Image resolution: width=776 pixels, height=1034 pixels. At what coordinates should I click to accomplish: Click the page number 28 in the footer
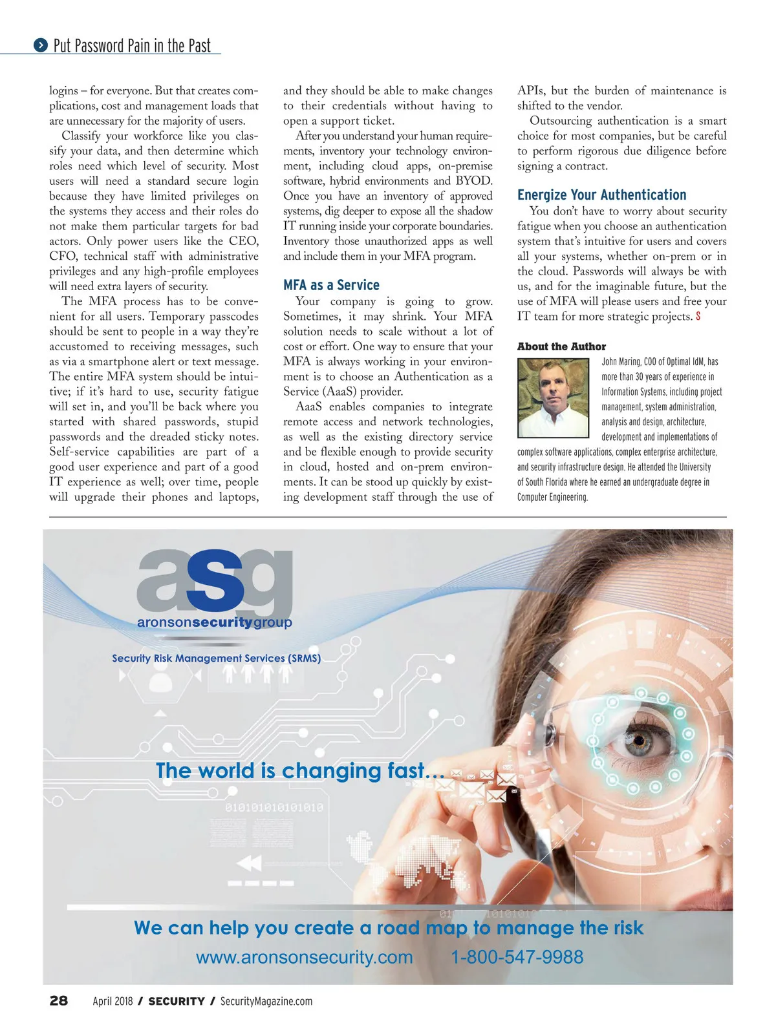point(58,1000)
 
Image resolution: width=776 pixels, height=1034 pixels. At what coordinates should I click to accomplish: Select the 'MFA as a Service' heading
point(331,285)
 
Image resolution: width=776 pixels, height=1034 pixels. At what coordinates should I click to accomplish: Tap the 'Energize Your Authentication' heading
point(601,195)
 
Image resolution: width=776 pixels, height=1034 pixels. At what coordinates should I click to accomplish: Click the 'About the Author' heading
point(561,346)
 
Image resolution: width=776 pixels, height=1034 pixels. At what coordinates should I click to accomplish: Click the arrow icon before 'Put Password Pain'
point(41,45)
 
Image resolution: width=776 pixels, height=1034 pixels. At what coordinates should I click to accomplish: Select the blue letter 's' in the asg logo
point(215,580)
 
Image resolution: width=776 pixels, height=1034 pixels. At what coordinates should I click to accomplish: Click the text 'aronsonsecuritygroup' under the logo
point(214,622)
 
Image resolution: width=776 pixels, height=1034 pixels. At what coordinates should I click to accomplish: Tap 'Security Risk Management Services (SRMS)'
point(216,658)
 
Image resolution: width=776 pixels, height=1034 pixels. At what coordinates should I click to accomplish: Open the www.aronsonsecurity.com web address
point(304,957)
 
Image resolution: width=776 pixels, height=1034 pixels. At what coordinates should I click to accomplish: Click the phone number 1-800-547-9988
point(517,957)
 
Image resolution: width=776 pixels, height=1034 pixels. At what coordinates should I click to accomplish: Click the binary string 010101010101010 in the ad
point(274,807)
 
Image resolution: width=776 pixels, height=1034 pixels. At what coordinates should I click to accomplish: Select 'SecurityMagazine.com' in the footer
point(266,1001)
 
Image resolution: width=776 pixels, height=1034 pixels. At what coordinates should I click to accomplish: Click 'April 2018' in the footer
point(113,1001)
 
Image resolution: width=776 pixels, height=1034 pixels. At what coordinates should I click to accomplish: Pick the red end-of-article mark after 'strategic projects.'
point(698,317)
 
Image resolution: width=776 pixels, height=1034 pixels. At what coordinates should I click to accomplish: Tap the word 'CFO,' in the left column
point(63,256)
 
